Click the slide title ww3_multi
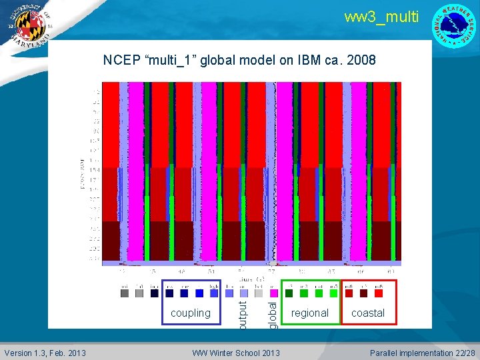point(381,17)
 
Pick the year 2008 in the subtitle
point(362,61)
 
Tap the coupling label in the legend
point(191,313)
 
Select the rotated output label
point(243,314)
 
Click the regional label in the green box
point(310,313)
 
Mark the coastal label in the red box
point(368,313)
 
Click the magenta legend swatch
point(273,293)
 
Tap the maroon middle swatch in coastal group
point(363,293)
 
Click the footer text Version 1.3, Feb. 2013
point(45,353)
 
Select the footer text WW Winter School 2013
point(236,353)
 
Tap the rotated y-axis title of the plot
point(82,172)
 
